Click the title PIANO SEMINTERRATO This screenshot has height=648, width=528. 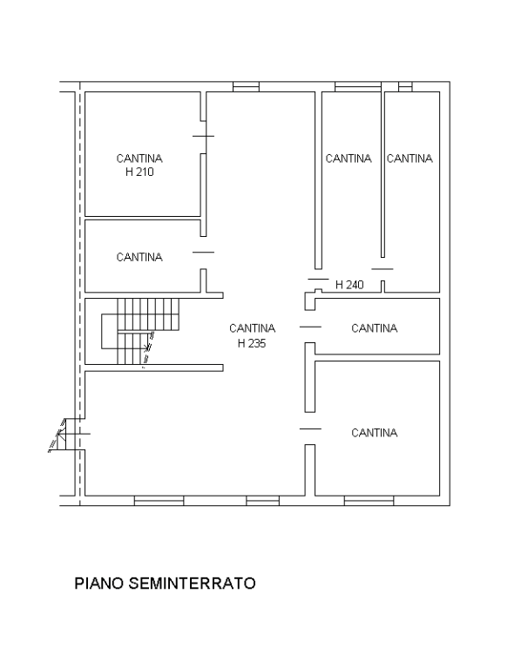(165, 584)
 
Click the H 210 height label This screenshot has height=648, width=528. (139, 172)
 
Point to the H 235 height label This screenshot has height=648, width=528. (252, 343)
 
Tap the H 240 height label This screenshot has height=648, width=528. (349, 285)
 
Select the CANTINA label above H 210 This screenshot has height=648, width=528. (139, 159)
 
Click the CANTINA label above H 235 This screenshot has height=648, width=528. (252, 328)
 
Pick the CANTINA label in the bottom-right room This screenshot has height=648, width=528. (374, 433)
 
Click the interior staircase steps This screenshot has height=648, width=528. (140, 331)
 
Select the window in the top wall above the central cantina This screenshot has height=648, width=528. (246, 86)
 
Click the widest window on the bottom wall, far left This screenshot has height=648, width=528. (159, 501)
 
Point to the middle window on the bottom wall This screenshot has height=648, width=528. (262, 501)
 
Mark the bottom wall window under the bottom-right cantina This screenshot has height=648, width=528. (369, 501)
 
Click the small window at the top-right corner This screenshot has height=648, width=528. (405, 86)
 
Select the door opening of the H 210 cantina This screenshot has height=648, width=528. (203, 136)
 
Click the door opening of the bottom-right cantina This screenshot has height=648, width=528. (310, 429)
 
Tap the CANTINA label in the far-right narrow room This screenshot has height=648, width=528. (410, 159)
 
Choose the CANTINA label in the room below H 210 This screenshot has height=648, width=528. (139, 257)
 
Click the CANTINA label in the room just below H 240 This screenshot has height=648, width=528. (374, 328)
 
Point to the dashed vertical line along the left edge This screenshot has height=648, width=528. (80, 294)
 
